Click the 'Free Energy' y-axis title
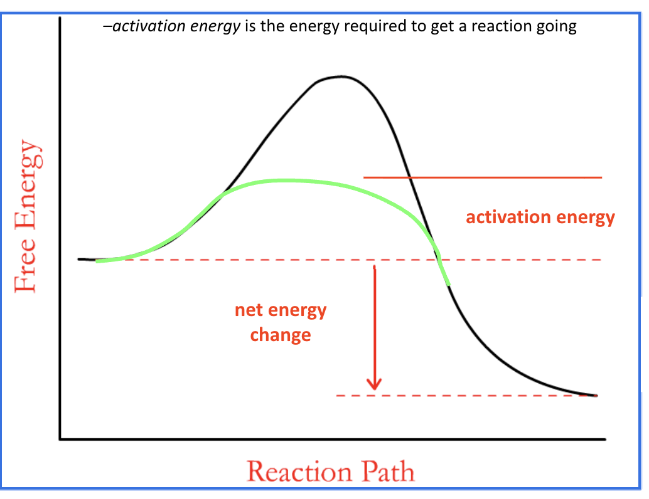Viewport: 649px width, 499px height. coord(26,216)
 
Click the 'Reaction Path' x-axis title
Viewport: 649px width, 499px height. coord(330,471)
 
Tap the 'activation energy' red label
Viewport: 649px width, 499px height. coord(540,218)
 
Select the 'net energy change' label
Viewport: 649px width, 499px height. coord(281,322)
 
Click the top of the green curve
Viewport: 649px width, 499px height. coord(282,180)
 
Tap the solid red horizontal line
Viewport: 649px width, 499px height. coord(483,177)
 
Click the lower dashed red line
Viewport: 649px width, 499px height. coord(464,396)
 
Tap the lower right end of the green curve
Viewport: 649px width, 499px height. coord(448,284)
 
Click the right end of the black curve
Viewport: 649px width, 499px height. coord(595,395)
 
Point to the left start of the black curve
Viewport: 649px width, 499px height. coord(79,259)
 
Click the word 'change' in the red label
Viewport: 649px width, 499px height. coord(281,334)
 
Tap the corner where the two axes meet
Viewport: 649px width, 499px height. coord(60,439)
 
